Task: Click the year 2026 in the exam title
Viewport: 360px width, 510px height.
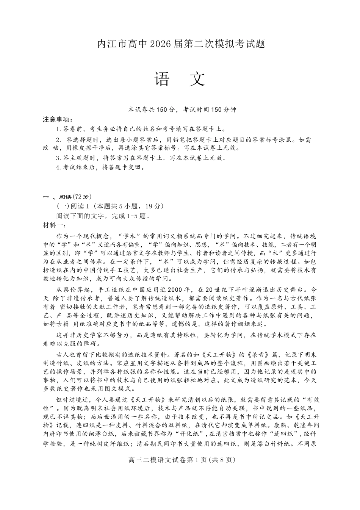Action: point(161,44)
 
